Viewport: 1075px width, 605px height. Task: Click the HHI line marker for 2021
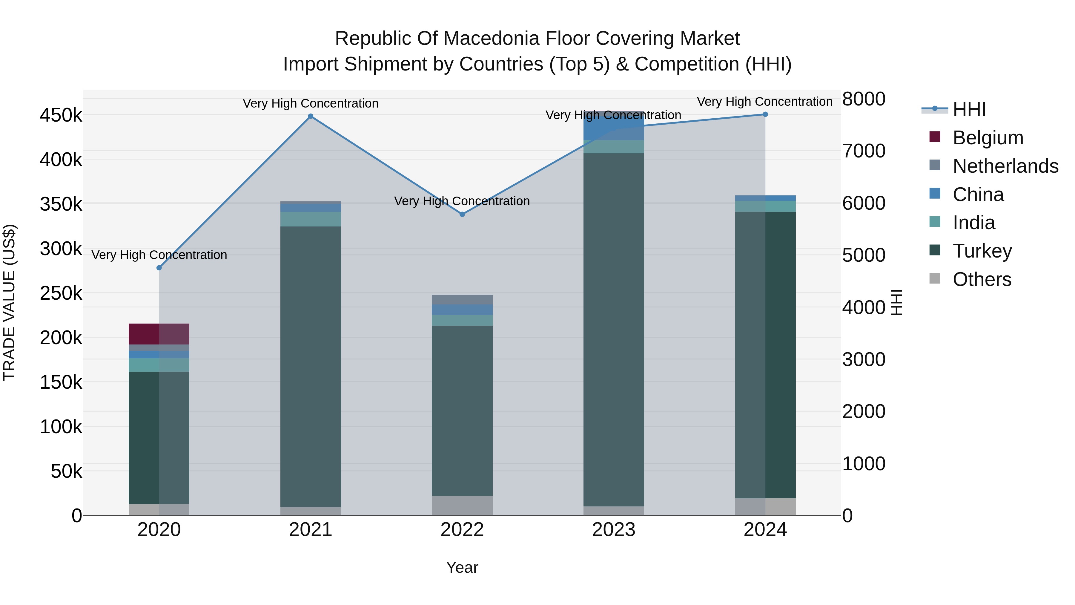tap(311, 117)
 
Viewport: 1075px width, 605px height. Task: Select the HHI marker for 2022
tap(462, 214)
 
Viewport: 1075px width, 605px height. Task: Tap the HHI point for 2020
tap(159, 268)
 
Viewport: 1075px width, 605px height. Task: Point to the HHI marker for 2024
tap(765, 114)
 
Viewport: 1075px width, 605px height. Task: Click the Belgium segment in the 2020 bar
tap(159, 334)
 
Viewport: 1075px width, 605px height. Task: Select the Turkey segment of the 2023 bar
tap(613, 330)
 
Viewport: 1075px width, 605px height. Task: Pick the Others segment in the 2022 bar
tap(462, 505)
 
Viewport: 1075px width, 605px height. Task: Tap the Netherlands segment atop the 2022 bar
tap(462, 299)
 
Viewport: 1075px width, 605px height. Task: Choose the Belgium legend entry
tap(988, 138)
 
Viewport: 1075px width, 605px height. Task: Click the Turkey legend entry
tap(982, 251)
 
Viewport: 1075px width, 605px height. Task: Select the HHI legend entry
tap(969, 109)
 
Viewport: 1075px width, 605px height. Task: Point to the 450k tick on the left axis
tap(61, 115)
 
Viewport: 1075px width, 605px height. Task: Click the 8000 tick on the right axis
tap(863, 99)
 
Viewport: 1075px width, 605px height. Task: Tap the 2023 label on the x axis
tap(613, 530)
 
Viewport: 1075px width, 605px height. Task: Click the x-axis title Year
tap(462, 567)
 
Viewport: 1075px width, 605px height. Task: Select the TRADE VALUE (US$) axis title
tap(9, 302)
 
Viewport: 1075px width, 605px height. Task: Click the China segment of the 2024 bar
tap(765, 198)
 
